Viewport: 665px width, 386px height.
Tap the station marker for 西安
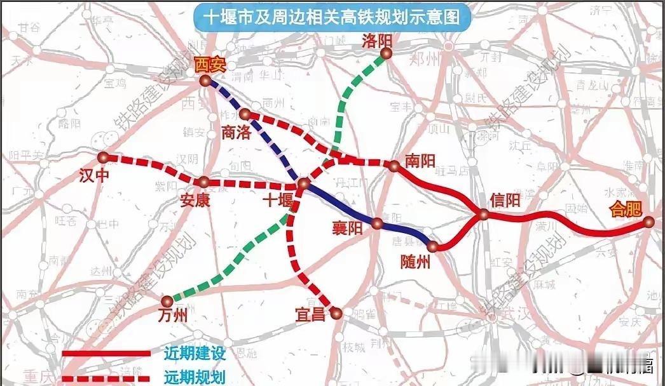pyautogui.click(x=205, y=81)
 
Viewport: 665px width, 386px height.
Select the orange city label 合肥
pyautogui.click(x=625, y=210)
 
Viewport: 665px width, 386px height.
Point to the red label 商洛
pyautogui.click(x=237, y=131)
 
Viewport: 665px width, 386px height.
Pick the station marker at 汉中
pyautogui.click(x=104, y=157)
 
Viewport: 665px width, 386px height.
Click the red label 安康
pyautogui.click(x=195, y=201)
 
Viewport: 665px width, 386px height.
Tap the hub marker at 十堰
pyautogui.click(x=303, y=184)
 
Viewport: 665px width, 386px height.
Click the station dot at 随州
pyautogui.click(x=434, y=246)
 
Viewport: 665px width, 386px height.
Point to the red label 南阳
pyautogui.click(x=420, y=161)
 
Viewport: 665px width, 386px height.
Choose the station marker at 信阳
pyautogui.click(x=484, y=215)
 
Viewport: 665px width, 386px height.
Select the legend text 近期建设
pyautogui.click(x=186, y=353)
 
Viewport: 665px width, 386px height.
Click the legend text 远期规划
pyautogui.click(x=186, y=376)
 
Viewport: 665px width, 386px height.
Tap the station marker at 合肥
pyautogui.click(x=648, y=222)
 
